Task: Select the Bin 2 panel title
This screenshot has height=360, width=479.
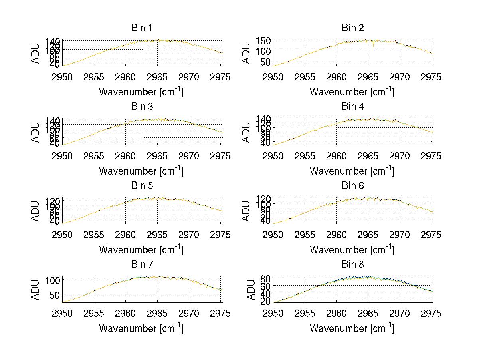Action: [352, 28]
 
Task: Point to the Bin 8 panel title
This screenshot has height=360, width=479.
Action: [352, 265]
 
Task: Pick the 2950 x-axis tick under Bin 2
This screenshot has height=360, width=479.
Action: [273, 77]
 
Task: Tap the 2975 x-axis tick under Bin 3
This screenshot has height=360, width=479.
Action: [220, 156]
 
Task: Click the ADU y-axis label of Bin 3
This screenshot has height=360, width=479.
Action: [36, 132]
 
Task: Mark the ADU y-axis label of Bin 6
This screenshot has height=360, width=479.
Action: [247, 211]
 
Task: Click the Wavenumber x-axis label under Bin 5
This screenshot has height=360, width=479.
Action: [141, 250]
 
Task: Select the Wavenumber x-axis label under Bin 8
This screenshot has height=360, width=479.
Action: [352, 328]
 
